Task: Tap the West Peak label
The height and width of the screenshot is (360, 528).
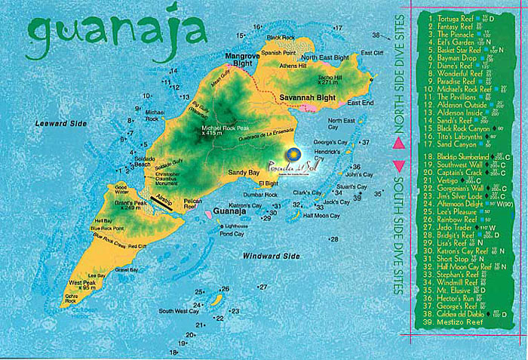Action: click(x=82, y=283)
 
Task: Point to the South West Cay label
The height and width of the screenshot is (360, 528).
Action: click(x=178, y=310)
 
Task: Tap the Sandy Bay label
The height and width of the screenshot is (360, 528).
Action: click(x=244, y=173)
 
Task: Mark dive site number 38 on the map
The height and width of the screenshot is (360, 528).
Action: click(x=376, y=35)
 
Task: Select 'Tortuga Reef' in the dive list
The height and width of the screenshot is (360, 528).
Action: click(x=456, y=15)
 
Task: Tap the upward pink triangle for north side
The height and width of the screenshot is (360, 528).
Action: click(x=400, y=141)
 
